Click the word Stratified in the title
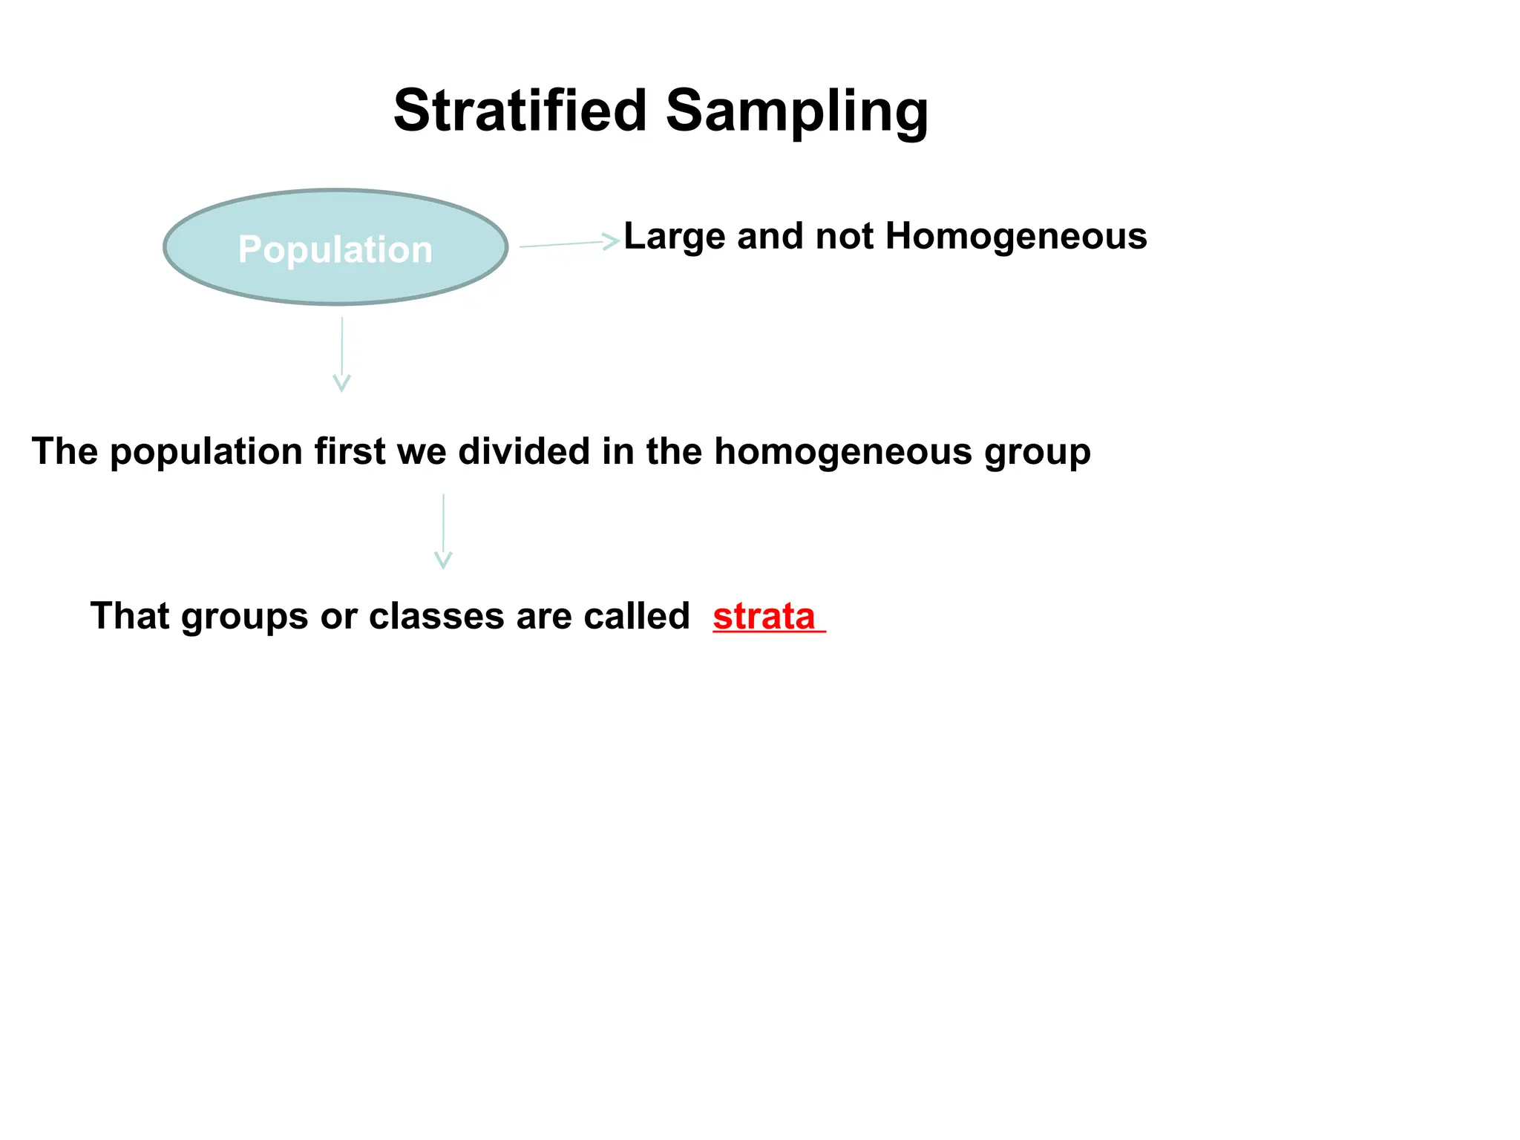pyautogui.click(x=520, y=111)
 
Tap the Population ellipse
pyautogui.click(x=335, y=247)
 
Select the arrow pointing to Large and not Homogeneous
pyautogui.click(x=569, y=243)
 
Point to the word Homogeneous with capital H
pyautogui.click(x=1016, y=237)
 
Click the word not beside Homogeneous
pyautogui.click(x=844, y=237)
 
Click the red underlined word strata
pyautogui.click(x=764, y=617)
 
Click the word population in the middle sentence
pyautogui.click(x=206, y=453)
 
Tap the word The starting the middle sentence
pyautogui.click(x=65, y=451)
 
